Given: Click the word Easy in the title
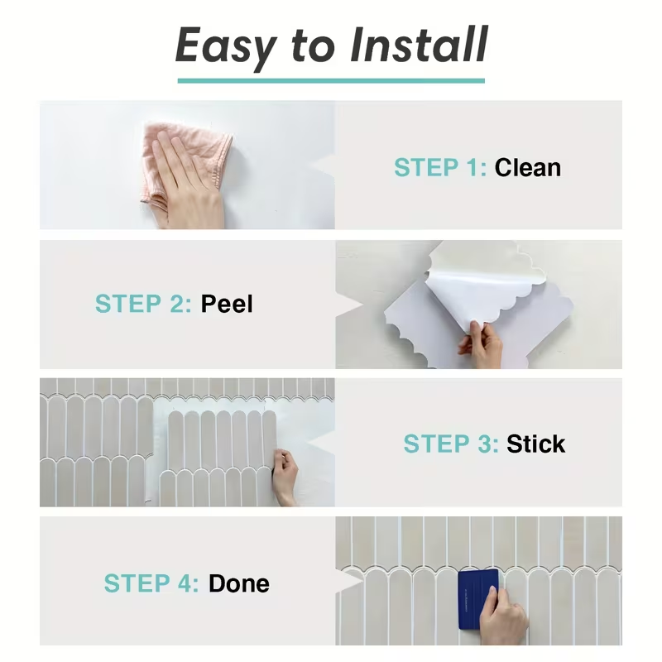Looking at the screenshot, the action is coord(226,46).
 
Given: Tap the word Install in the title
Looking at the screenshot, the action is coord(420,44).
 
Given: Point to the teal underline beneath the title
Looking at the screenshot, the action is coord(331,80).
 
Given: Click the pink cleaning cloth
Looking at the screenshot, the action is coord(185,162).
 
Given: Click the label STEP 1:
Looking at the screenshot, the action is coord(440,167).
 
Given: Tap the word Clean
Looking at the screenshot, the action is coord(528,167).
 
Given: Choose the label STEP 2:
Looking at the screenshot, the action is coord(143,304).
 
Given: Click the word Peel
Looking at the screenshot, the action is coord(227,304).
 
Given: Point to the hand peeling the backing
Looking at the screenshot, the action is coord(482,345).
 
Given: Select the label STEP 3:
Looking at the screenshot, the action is coord(451,444).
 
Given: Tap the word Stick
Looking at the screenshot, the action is coord(535,444).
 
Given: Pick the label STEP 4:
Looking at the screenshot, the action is coord(151,583).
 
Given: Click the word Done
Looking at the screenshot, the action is coord(239,583).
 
